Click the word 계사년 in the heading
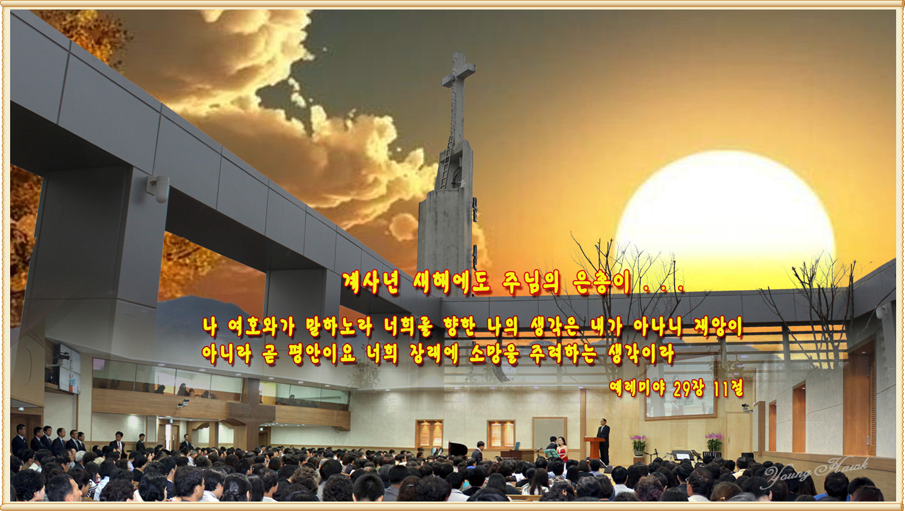coord(371,282)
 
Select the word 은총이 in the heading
coord(602,283)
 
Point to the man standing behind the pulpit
coord(603,441)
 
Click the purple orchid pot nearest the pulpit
coord(639,444)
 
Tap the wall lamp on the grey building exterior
coord(159,188)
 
